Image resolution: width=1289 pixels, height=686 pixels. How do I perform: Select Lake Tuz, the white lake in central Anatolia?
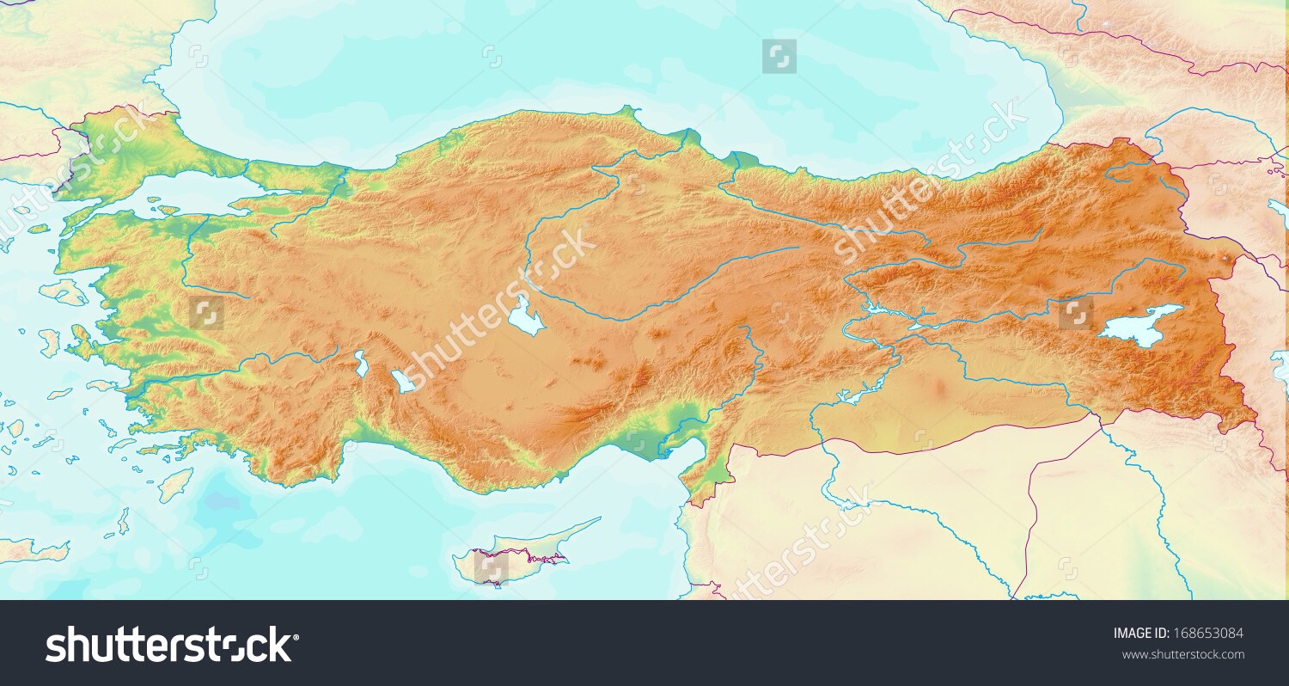(525, 316)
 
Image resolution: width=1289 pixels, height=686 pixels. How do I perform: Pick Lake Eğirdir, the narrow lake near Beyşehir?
(361, 363)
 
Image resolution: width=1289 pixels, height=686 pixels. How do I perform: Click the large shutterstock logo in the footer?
(172, 645)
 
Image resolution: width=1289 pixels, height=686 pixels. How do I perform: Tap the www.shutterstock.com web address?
(1182, 655)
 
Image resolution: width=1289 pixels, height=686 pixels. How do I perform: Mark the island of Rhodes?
(176, 485)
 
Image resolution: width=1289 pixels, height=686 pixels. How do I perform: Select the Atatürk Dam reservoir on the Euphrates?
(851, 395)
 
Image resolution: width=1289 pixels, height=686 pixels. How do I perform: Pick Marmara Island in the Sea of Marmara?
(167, 208)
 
